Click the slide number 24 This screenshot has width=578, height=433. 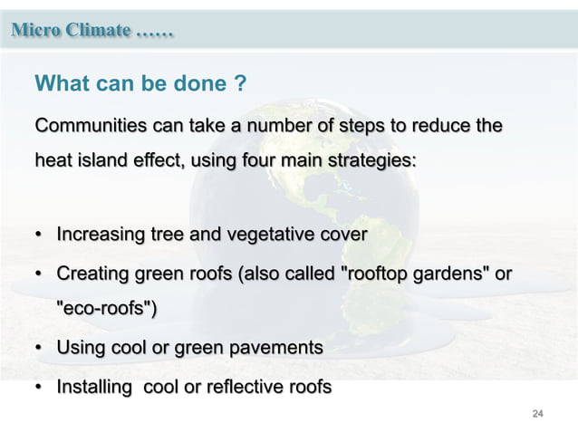(x=537, y=414)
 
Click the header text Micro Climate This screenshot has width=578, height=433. (x=72, y=30)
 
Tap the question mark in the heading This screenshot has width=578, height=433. (x=240, y=84)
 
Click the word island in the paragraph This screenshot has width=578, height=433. (x=103, y=161)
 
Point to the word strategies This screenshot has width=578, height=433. (x=372, y=161)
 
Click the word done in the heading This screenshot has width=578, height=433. (x=199, y=84)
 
